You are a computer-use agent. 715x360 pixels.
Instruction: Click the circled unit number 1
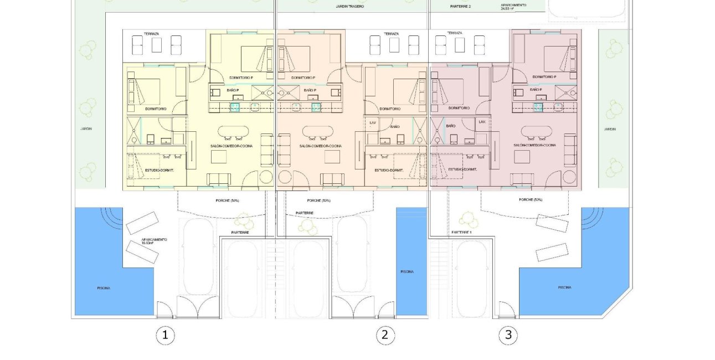click(164, 335)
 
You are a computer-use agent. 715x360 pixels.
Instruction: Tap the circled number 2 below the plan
click(385, 335)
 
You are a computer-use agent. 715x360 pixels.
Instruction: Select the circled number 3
click(508, 335)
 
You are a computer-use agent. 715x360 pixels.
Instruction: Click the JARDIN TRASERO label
click(350, 7)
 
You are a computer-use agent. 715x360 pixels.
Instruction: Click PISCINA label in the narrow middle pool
click(407, 271)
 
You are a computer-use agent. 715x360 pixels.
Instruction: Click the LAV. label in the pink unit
click(482, 121)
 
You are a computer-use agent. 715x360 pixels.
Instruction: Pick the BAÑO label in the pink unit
click(450, 126)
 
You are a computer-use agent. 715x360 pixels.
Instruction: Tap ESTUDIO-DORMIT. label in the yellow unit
click(160, 170)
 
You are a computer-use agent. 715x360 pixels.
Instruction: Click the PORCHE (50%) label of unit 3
click(531, 199)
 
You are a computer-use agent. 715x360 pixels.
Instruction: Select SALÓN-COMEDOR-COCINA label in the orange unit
click(320, 146)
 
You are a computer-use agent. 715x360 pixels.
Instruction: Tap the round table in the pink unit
click(569, 177)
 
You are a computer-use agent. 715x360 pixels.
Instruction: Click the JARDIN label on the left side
click(86, 128)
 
